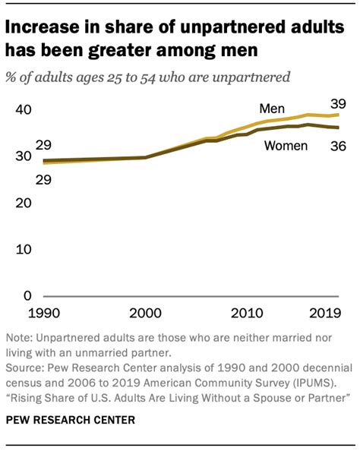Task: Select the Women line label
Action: [x=285, y=145]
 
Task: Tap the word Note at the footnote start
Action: [x=20, y=338]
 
